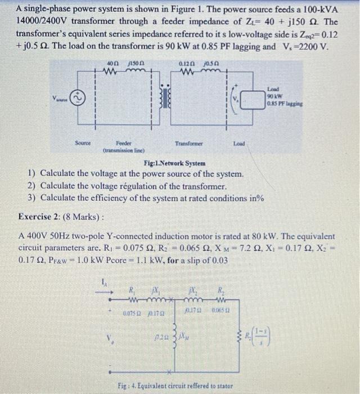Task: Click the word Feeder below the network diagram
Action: click(124, 144)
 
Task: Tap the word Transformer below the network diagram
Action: click(188, 144)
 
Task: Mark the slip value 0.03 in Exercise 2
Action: click(219, 261)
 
